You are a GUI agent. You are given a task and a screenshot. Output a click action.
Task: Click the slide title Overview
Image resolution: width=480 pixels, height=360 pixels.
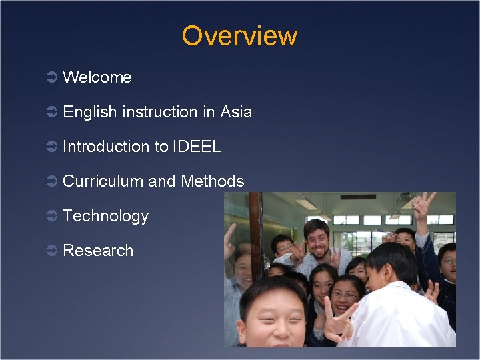point(239,36)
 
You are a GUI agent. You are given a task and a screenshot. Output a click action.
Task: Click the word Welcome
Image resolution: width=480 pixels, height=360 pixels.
point(97,77)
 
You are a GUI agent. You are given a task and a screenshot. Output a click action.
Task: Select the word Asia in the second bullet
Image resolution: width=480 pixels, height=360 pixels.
point(237,112)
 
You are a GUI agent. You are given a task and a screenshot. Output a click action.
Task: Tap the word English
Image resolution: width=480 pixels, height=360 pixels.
point(90,112)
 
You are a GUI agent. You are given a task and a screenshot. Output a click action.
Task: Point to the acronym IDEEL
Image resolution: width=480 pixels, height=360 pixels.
point(197,147)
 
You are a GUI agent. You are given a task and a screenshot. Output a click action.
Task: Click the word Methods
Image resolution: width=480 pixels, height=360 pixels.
point(213,181)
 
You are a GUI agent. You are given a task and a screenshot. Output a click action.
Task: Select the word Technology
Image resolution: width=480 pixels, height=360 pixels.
point(105,216)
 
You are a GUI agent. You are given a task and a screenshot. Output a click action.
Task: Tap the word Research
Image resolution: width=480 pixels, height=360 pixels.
point(98,251)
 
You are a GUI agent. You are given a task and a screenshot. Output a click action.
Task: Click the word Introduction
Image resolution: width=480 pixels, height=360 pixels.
point(107,147)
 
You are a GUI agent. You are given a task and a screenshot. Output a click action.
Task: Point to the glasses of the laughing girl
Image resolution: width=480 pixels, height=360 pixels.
point(345,294)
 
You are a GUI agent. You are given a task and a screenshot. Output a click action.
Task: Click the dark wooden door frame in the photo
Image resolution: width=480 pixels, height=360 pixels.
point(256,233)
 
